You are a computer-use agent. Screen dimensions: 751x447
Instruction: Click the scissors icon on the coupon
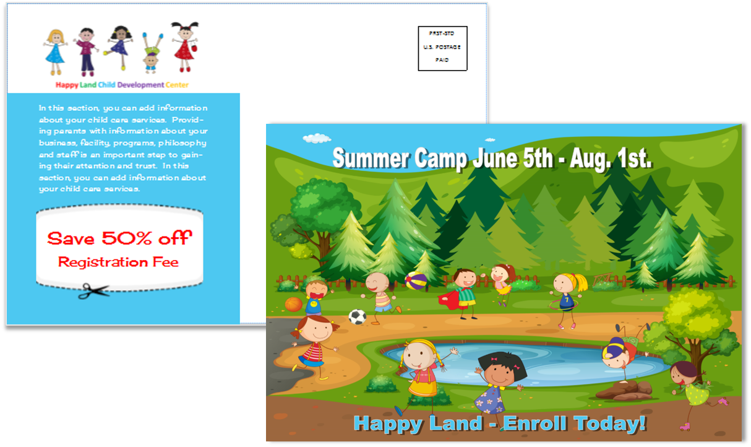(93, 291)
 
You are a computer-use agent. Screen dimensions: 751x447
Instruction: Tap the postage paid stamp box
(442, 48)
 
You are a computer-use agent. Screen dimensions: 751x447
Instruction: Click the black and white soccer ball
(358, 317)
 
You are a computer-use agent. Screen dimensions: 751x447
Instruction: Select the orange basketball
(294, 305)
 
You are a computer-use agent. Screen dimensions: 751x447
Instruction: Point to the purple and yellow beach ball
(416, 280)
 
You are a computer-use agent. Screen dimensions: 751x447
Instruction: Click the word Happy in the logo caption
(67, 85)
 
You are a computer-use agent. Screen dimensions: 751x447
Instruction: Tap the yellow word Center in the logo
(177, 85)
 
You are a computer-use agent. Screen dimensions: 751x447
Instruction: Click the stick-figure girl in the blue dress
(55, 53)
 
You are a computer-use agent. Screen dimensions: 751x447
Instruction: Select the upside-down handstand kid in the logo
(152, 53)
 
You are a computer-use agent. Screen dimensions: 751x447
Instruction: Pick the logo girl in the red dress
(185, 47)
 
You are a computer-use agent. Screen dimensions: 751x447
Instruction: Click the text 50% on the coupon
(127, 238)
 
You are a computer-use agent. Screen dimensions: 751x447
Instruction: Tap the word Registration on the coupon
(103, 263)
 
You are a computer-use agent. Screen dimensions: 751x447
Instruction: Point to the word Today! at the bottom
(609, 423)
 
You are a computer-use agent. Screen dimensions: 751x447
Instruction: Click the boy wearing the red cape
(461, 293)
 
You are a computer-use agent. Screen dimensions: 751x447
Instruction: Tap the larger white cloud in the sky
(317, 138)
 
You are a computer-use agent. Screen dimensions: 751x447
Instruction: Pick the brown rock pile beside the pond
(625, 391)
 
